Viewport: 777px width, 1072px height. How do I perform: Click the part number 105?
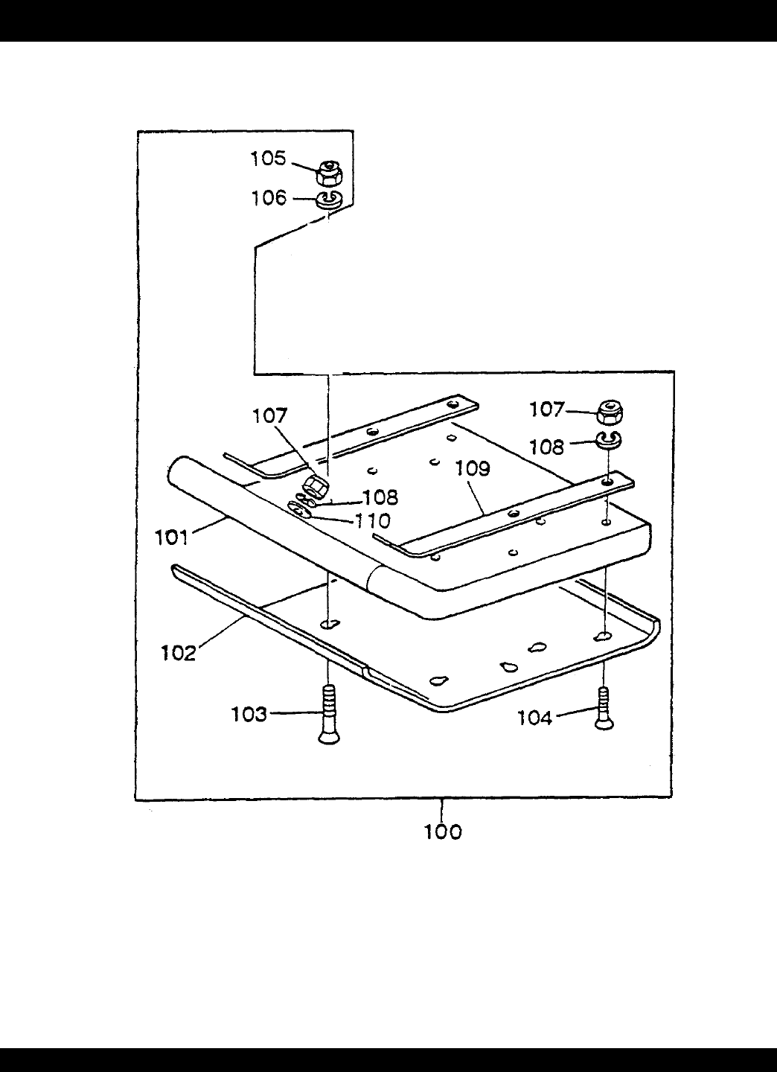click(x=269, y=159)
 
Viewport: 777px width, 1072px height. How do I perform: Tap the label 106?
click(x=269, y=198)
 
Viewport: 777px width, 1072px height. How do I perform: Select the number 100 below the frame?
click(x=443, y=832)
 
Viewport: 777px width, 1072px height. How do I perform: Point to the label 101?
click(x=172, y=538)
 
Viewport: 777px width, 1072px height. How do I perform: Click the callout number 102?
click(x=179, y=654)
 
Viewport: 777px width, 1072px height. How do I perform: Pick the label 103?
click(x=249, y=715)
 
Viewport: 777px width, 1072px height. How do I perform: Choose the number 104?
click(x=535, y=718)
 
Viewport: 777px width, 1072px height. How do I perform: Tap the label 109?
click(x=472, y=468)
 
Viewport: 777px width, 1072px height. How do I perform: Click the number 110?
click(x=372, y=520)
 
